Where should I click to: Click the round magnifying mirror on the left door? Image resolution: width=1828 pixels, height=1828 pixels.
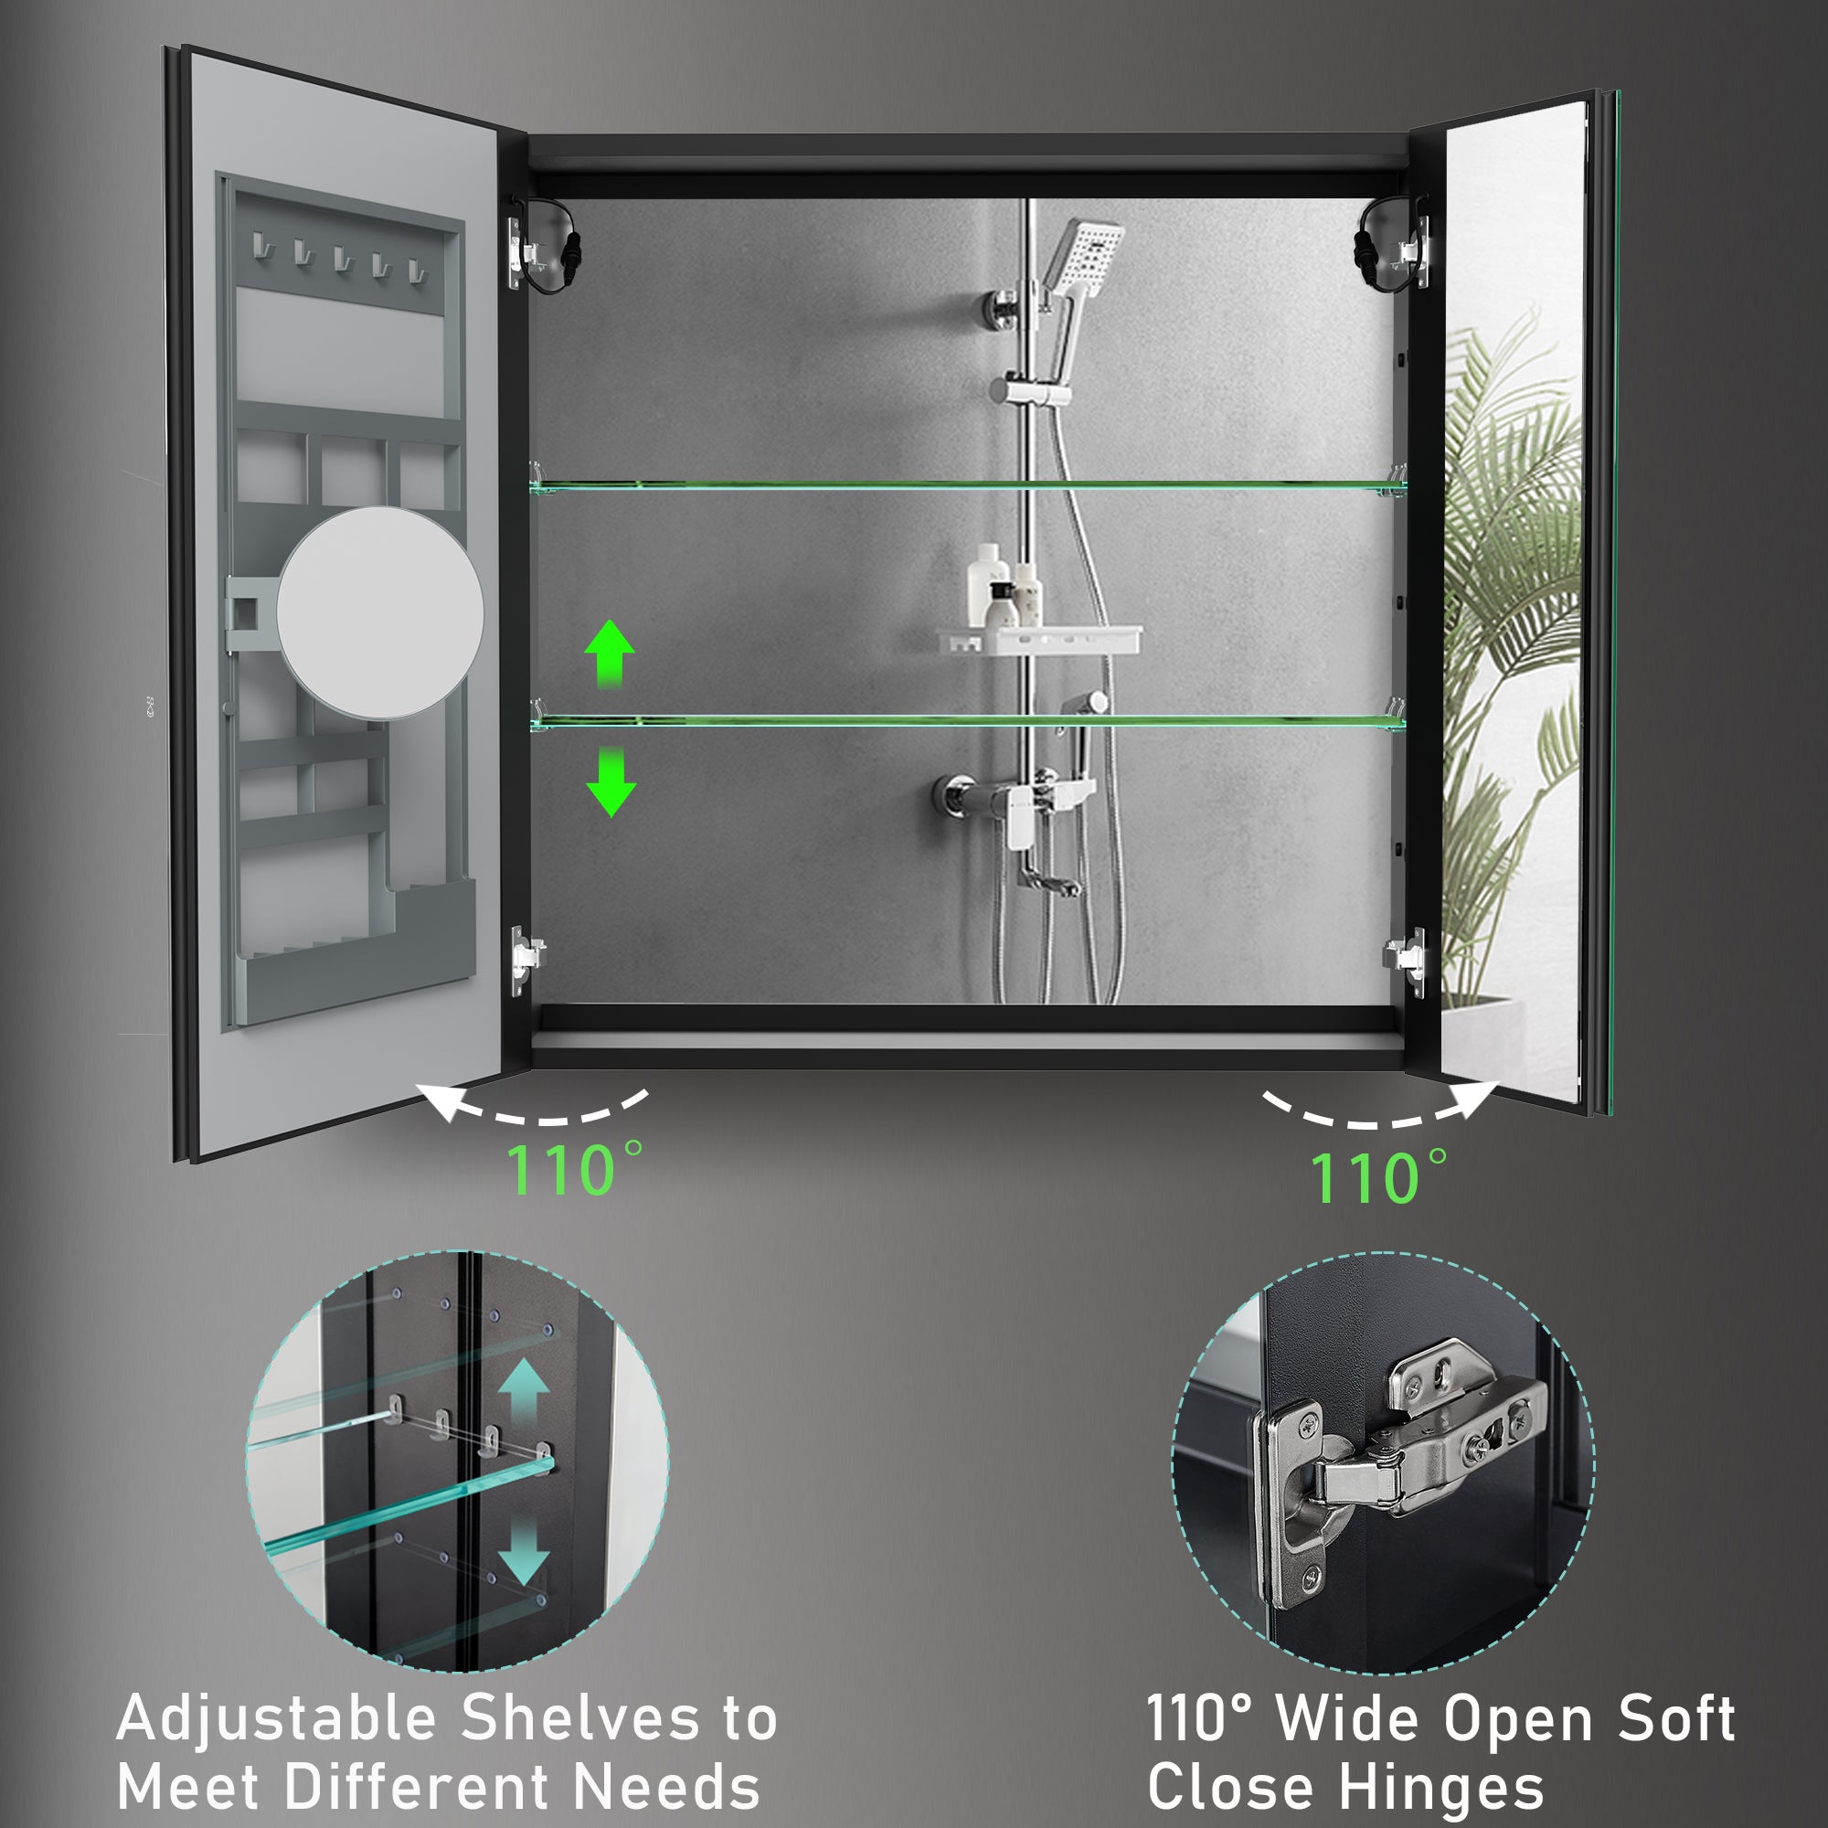379,613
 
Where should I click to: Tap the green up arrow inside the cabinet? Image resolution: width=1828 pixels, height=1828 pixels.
610,653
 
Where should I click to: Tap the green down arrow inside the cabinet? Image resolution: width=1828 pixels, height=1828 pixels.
611,781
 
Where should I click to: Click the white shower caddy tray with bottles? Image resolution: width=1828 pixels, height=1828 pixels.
1039,640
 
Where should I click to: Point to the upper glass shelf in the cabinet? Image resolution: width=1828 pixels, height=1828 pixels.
967,486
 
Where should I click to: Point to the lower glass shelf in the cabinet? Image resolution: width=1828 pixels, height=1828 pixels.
967,722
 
